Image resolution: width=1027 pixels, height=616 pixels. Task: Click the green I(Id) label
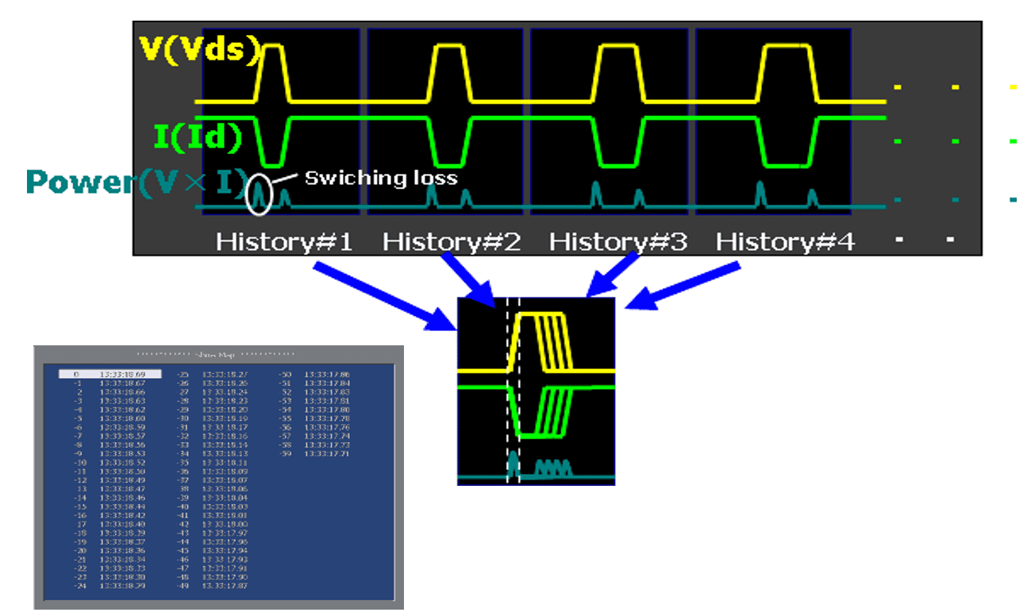pyautogui.click(x=198, y=137)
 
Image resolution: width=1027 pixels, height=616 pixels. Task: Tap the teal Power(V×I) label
pyautogui.click(x=137, y=183)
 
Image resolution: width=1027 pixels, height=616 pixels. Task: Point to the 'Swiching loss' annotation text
pyautogui.click(x=381, y=178)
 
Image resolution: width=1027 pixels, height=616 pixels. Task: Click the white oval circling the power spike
pyautogui.click(x=259, y=194)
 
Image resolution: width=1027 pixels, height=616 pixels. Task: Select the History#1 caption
pyautogui.click(x=284, y=241)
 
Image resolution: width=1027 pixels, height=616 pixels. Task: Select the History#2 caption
pyautogui.click(x=452, y=241)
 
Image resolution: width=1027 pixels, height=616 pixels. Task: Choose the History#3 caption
pyautogui.click(x=618, y=241)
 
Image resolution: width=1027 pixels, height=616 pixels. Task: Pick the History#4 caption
pyautogui.click(x=786, y=241)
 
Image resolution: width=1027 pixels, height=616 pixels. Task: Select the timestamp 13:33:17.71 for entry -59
pyautogui.click(x=328, y=452)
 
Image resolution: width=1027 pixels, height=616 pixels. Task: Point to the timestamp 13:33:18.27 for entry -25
pyautogui.click(x=225, y=373)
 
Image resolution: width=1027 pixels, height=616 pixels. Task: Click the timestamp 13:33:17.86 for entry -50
pyautogui.click(x=328, y=373)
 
